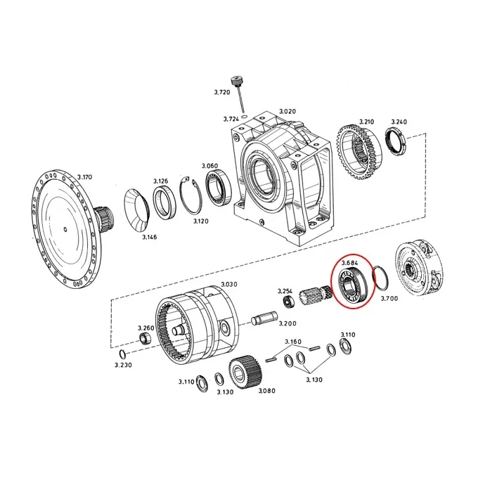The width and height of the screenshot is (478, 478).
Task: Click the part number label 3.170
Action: click(x=84, y=177)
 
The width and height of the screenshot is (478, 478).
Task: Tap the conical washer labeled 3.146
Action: click(x=136, y=209)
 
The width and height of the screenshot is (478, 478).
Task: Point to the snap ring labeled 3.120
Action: click(x=190, y=196)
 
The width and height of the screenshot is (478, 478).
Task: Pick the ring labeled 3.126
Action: click(x=164, y=202)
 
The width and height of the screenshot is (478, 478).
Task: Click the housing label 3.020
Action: click(x=288, y=111)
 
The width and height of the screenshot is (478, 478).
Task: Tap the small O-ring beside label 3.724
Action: click(x=244, y=117)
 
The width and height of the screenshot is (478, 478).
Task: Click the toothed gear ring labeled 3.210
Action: click(x=359, y=152)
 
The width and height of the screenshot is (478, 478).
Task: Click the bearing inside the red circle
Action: click(x=354, y=284)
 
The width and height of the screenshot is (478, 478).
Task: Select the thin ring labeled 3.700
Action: click(x=381, y=278)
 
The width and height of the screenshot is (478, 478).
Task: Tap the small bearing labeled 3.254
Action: click(x=288, y=302)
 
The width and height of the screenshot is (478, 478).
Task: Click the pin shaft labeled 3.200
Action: click(x=264, y=317)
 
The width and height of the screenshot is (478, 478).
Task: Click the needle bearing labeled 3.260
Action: click(x=145, y=338)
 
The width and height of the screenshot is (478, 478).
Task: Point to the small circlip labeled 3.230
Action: click(x=122, y=354)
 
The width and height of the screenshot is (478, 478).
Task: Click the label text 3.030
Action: click(x=229, y=284)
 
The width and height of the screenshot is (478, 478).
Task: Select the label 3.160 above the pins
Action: click(x=293, y=342)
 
